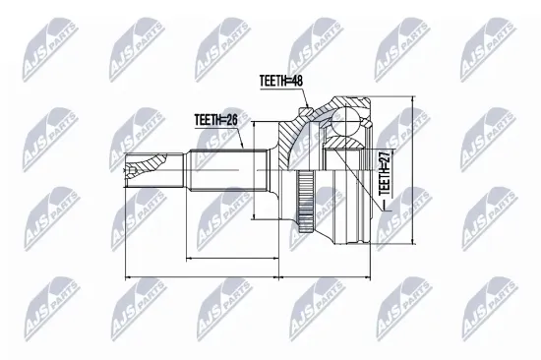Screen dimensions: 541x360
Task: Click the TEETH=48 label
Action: [281, 81]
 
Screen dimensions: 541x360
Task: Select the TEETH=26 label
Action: [216, 120]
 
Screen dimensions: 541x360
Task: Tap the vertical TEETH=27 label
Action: [385, 172]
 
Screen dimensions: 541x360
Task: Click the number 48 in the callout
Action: [297, 81]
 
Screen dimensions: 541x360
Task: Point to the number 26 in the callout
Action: [232, 120]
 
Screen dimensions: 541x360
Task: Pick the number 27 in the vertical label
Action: [385, 156]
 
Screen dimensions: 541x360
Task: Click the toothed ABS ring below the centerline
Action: [304, 201]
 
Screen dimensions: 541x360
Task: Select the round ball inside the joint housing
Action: [345, 121]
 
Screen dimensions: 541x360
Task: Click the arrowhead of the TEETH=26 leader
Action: [242, 145]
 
